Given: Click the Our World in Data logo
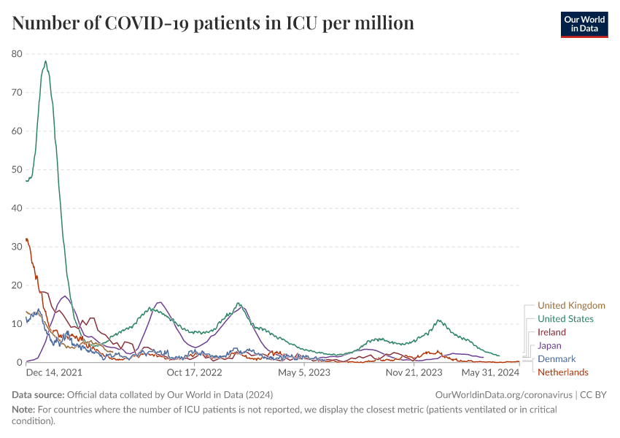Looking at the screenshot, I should coord(584,23).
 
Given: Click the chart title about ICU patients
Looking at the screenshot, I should coord(213,23).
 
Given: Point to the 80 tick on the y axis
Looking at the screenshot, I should coord(17,54).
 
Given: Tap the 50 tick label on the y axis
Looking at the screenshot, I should coord(17,170).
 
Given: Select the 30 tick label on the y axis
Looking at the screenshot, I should coord(17,247).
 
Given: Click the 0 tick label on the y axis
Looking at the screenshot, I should coord(19,363).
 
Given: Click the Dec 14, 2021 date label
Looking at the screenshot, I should coord(53,373).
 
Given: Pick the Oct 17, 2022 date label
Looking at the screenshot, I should coord(194,373).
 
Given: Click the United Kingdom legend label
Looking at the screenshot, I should coord(571,306).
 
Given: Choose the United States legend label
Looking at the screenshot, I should coord(565,319).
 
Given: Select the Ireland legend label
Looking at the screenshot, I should coord(551,332).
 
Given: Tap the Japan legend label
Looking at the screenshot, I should coord(549,345).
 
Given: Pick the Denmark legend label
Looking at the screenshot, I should coord(557,359).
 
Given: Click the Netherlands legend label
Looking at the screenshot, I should coord(562,372).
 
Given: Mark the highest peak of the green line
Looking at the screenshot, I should coord(45,61).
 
